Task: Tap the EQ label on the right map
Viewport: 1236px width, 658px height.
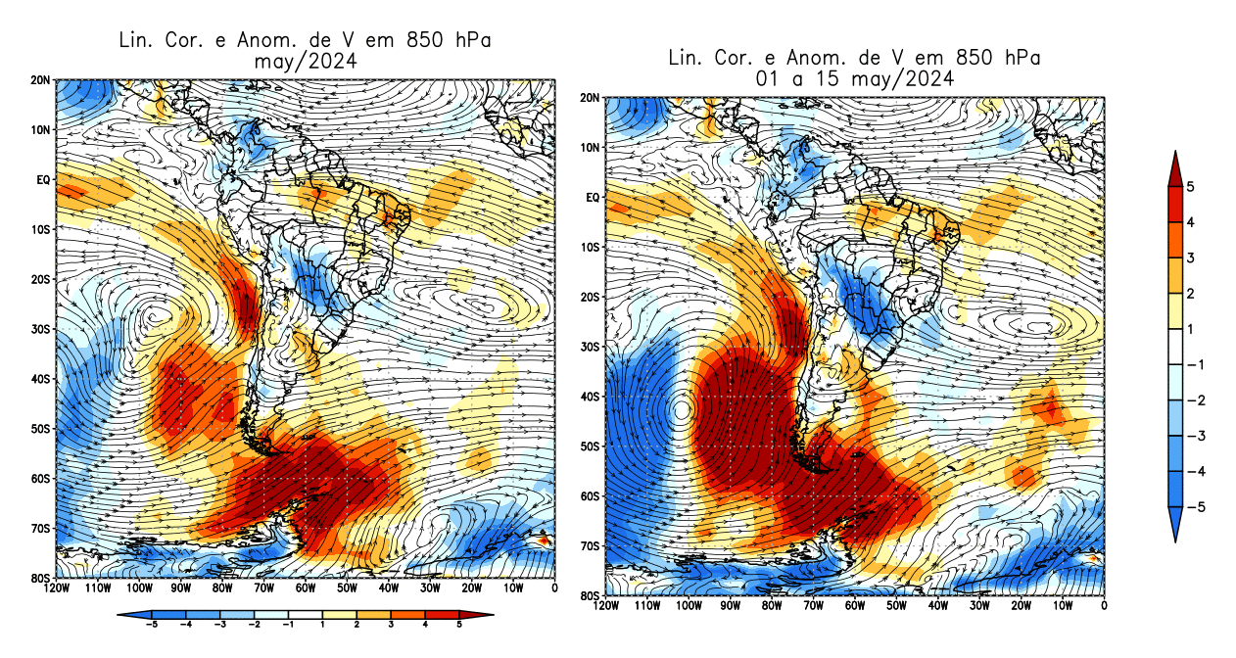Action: point(592,198)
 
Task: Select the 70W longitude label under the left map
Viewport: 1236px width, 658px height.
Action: point(263,588)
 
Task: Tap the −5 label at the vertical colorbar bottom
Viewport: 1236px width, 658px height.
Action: point(1189,507)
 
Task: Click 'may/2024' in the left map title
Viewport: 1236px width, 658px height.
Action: point(304,61)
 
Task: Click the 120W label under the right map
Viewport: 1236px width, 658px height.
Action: point(606,607)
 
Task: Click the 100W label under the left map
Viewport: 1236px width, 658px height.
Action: point(139,588)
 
